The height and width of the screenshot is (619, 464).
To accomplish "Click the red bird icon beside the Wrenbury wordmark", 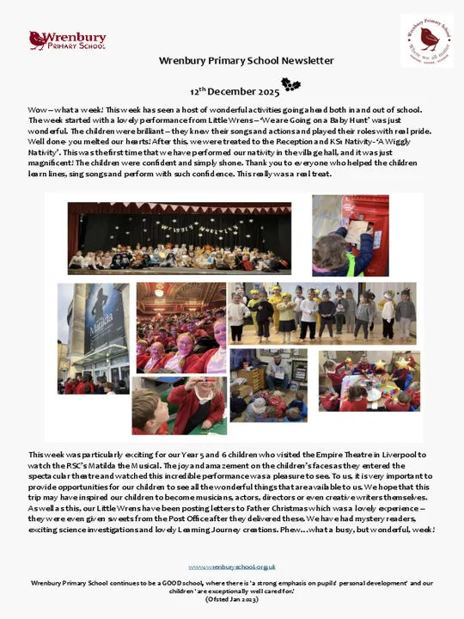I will (38, 40).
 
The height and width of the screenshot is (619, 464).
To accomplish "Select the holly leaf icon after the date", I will (291, 85).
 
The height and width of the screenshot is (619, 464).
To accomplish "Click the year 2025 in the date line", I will (266, 90).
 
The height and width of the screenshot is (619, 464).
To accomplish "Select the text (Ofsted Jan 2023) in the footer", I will (232, 598).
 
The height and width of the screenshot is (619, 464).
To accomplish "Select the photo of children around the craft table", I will (369, 381).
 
